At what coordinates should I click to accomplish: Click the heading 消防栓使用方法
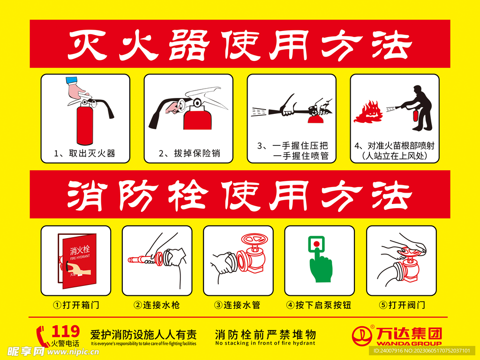point(240,194)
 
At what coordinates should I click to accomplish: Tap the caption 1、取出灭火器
point(85,153)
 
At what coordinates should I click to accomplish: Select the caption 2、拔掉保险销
point(189,153)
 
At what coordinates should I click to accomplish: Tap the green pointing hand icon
point(321,265)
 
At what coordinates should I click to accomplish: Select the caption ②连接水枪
point(157,305)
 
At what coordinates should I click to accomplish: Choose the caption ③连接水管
point(238,305)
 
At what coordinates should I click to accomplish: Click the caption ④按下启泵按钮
point(319,305)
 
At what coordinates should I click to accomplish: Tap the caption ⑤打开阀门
point(402,305)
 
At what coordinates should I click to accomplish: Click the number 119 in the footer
point(65,331)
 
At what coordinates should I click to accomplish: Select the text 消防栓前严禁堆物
point(265,335)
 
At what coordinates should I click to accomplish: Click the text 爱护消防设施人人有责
point(143,335)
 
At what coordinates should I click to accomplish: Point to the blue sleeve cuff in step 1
point(72,81)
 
